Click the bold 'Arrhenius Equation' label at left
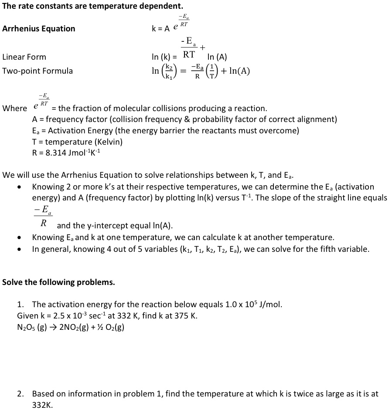tap(39, 29)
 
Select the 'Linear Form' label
tap(24, 57)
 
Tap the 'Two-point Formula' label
tap(38, 71)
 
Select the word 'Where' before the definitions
tap(14, 108)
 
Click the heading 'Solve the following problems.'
tap(58, 282)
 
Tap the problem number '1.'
tap(23, 304)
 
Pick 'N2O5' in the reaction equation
tap(26, 327)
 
